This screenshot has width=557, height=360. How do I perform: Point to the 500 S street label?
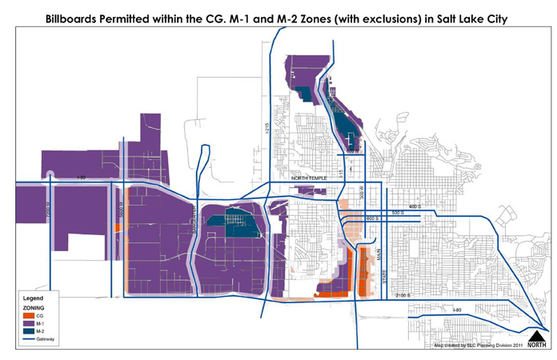pyautogui.click(x=400, y=213)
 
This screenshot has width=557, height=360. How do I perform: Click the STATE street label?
pyautogui.click(x=383, y=282)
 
